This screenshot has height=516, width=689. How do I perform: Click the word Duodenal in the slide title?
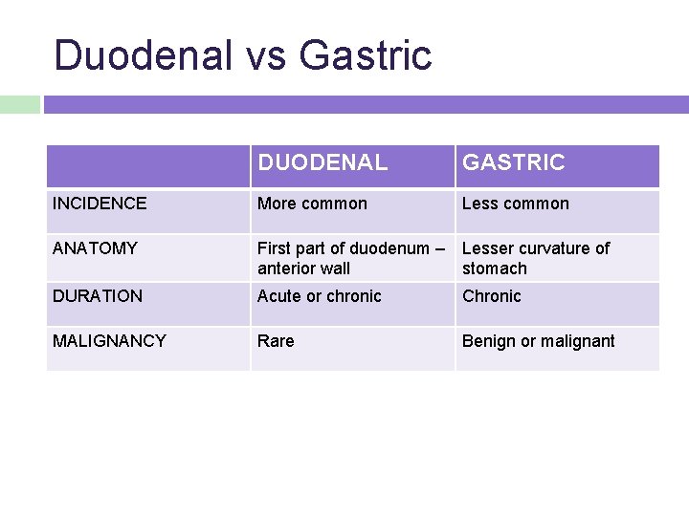tap(143, 54)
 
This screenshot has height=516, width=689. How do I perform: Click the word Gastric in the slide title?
tap(366, 54)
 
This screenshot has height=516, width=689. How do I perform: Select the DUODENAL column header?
tap(322, 163)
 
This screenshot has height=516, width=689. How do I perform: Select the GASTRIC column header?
tap(514, 163)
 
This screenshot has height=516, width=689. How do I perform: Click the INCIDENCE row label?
tap(100, 204)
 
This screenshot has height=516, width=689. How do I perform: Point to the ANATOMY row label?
tap(95, 248)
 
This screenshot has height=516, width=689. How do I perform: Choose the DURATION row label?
tap(98, 296)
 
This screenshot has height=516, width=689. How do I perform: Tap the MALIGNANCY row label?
tap(109, 341)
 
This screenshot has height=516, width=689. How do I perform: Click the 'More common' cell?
tap(312, 204)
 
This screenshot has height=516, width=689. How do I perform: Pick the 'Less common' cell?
tap(515, 204)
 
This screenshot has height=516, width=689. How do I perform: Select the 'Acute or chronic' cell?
tap(320, 296)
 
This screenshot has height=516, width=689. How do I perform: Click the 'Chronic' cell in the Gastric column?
tap(492, 296)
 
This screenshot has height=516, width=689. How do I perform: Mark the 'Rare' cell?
tap(276, 341)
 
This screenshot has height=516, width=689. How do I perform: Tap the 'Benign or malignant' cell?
tap(539, 341)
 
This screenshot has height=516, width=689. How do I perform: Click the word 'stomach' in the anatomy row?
tap(495, 269)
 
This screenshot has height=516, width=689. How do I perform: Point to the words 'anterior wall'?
tap(304, 269)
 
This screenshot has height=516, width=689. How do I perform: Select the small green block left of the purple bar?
tap(19, 104)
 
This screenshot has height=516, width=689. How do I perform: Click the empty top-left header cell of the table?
tap(148, 165)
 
